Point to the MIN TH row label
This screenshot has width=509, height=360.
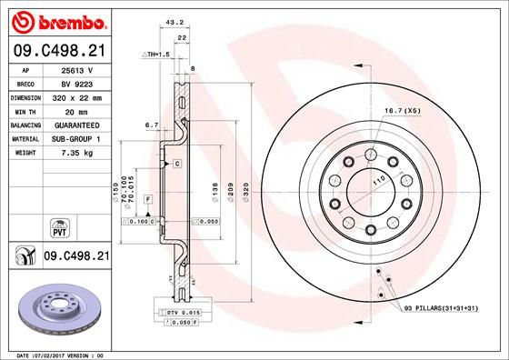pos(24,110)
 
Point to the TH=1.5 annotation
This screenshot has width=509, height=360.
pos(155,55)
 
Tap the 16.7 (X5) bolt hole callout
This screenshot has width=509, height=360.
pos(401,110)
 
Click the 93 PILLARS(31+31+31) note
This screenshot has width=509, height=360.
pos(441,310)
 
